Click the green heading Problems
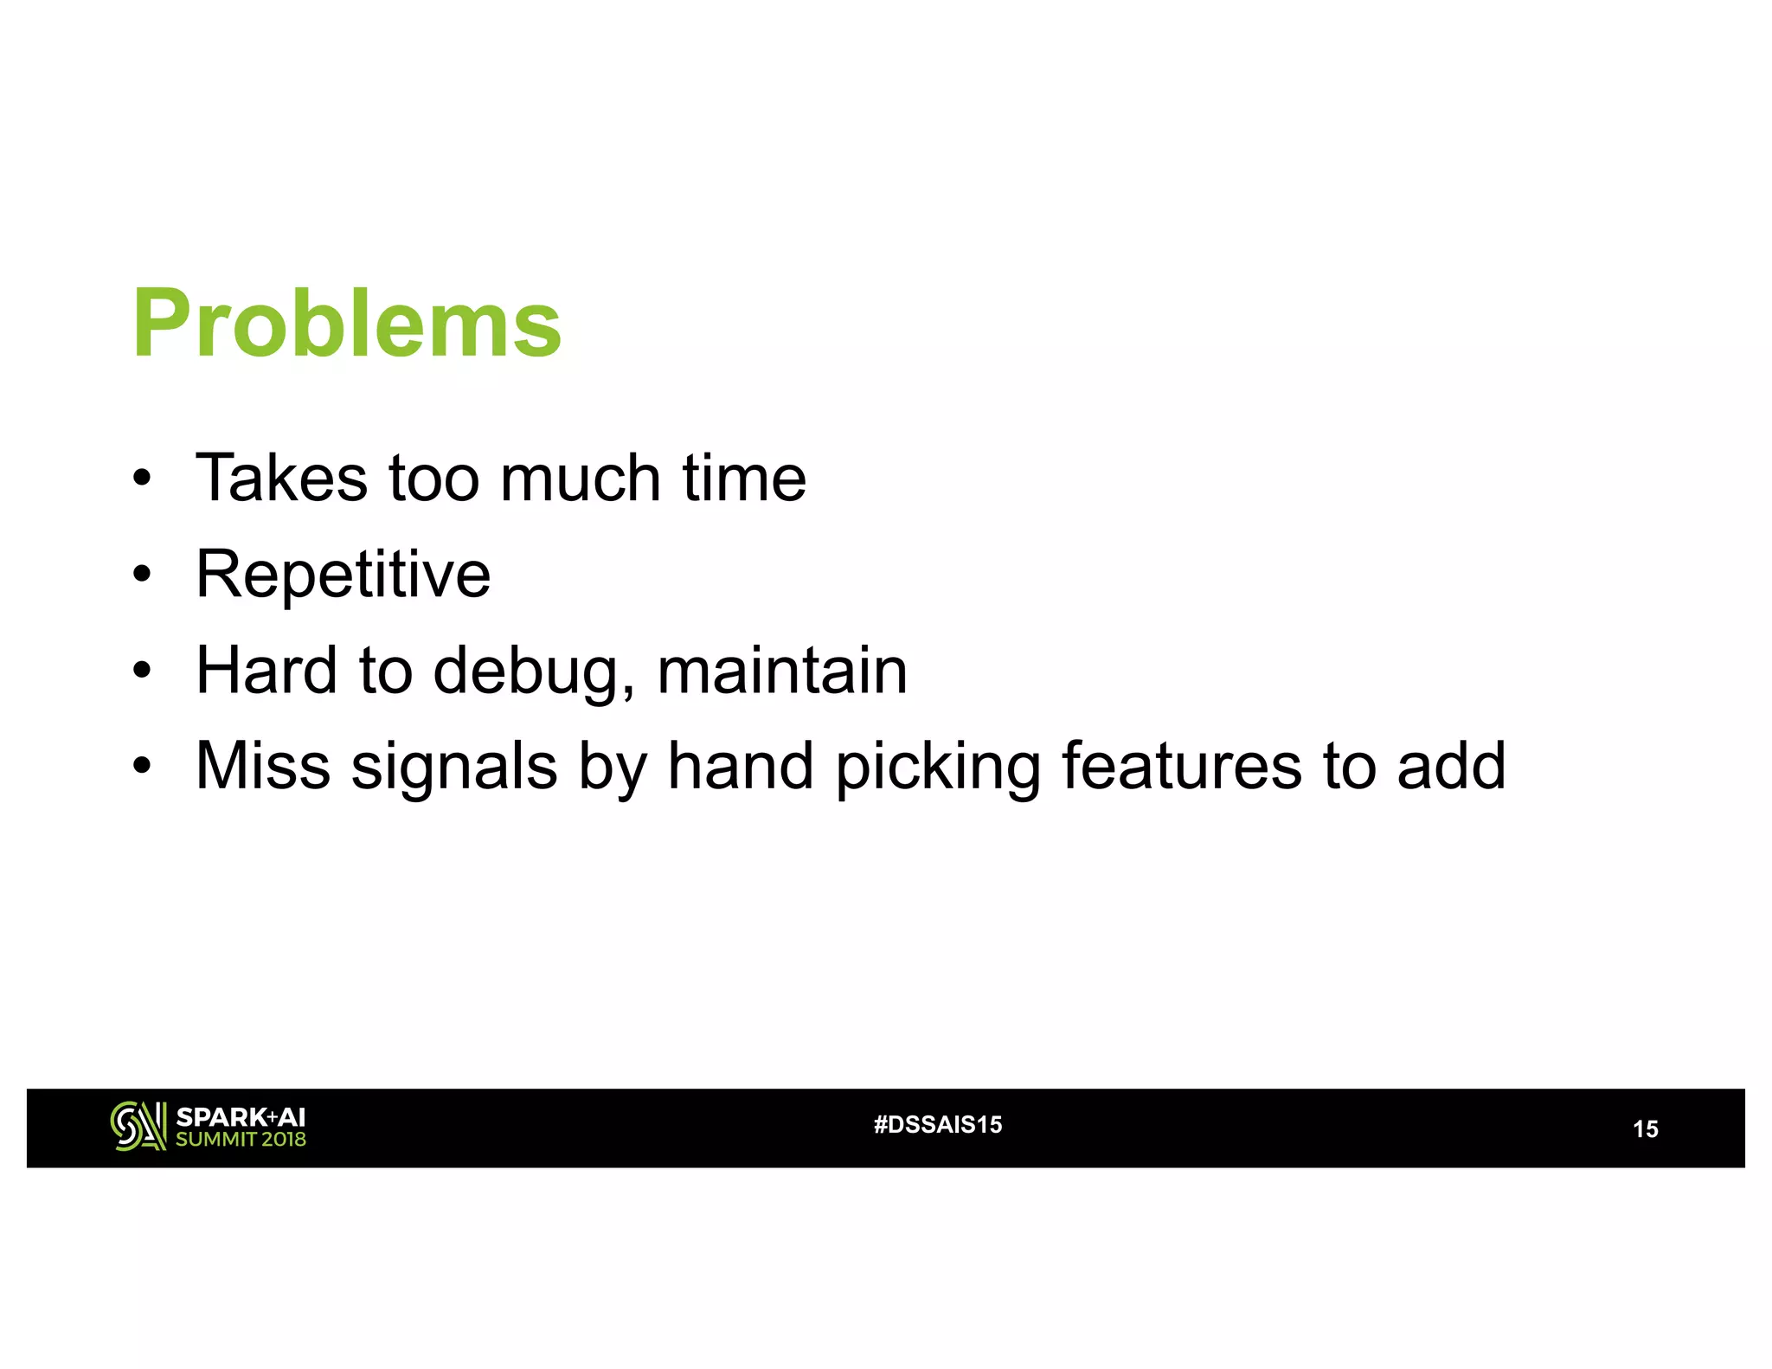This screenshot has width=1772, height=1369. click(347, 323)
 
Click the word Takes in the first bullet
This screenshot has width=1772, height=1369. click(281, 478)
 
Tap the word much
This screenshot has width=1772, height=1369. click(581, 478)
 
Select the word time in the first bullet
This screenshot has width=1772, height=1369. click(744, 478)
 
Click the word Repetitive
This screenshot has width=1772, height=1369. click(343, 575)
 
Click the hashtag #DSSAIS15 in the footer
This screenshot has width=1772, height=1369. click(938, 1124)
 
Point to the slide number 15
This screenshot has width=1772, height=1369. click(1645, 1128)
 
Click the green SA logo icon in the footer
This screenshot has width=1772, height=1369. click(138, 1126)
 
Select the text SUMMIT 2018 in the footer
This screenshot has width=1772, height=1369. click(241, 1140)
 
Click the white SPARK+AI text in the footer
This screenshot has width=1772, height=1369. click(241, 1116)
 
